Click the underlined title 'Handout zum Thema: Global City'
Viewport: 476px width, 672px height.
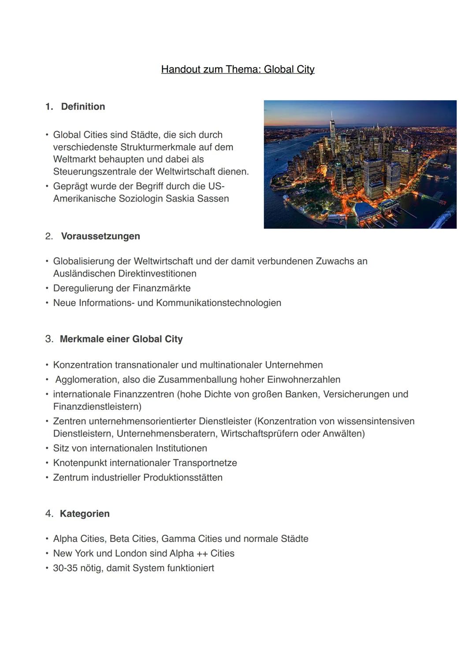pos(238,70)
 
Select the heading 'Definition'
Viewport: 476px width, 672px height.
pos(83,106)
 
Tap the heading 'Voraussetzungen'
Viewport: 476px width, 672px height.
pos(100,236)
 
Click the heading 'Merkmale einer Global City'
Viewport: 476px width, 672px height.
pos(121,339)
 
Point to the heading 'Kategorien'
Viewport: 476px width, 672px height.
pos(85,514)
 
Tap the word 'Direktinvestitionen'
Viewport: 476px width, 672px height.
pos(157,274)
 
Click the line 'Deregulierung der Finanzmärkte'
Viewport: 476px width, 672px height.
pos(122,288)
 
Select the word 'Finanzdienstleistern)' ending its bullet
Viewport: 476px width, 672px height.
pos(97,407)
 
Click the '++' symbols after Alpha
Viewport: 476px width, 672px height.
pos(202,554)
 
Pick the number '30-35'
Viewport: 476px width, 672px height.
pos(65,568)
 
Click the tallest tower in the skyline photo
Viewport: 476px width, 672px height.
pos(332,128)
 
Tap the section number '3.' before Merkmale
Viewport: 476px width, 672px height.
pos(49,339)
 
